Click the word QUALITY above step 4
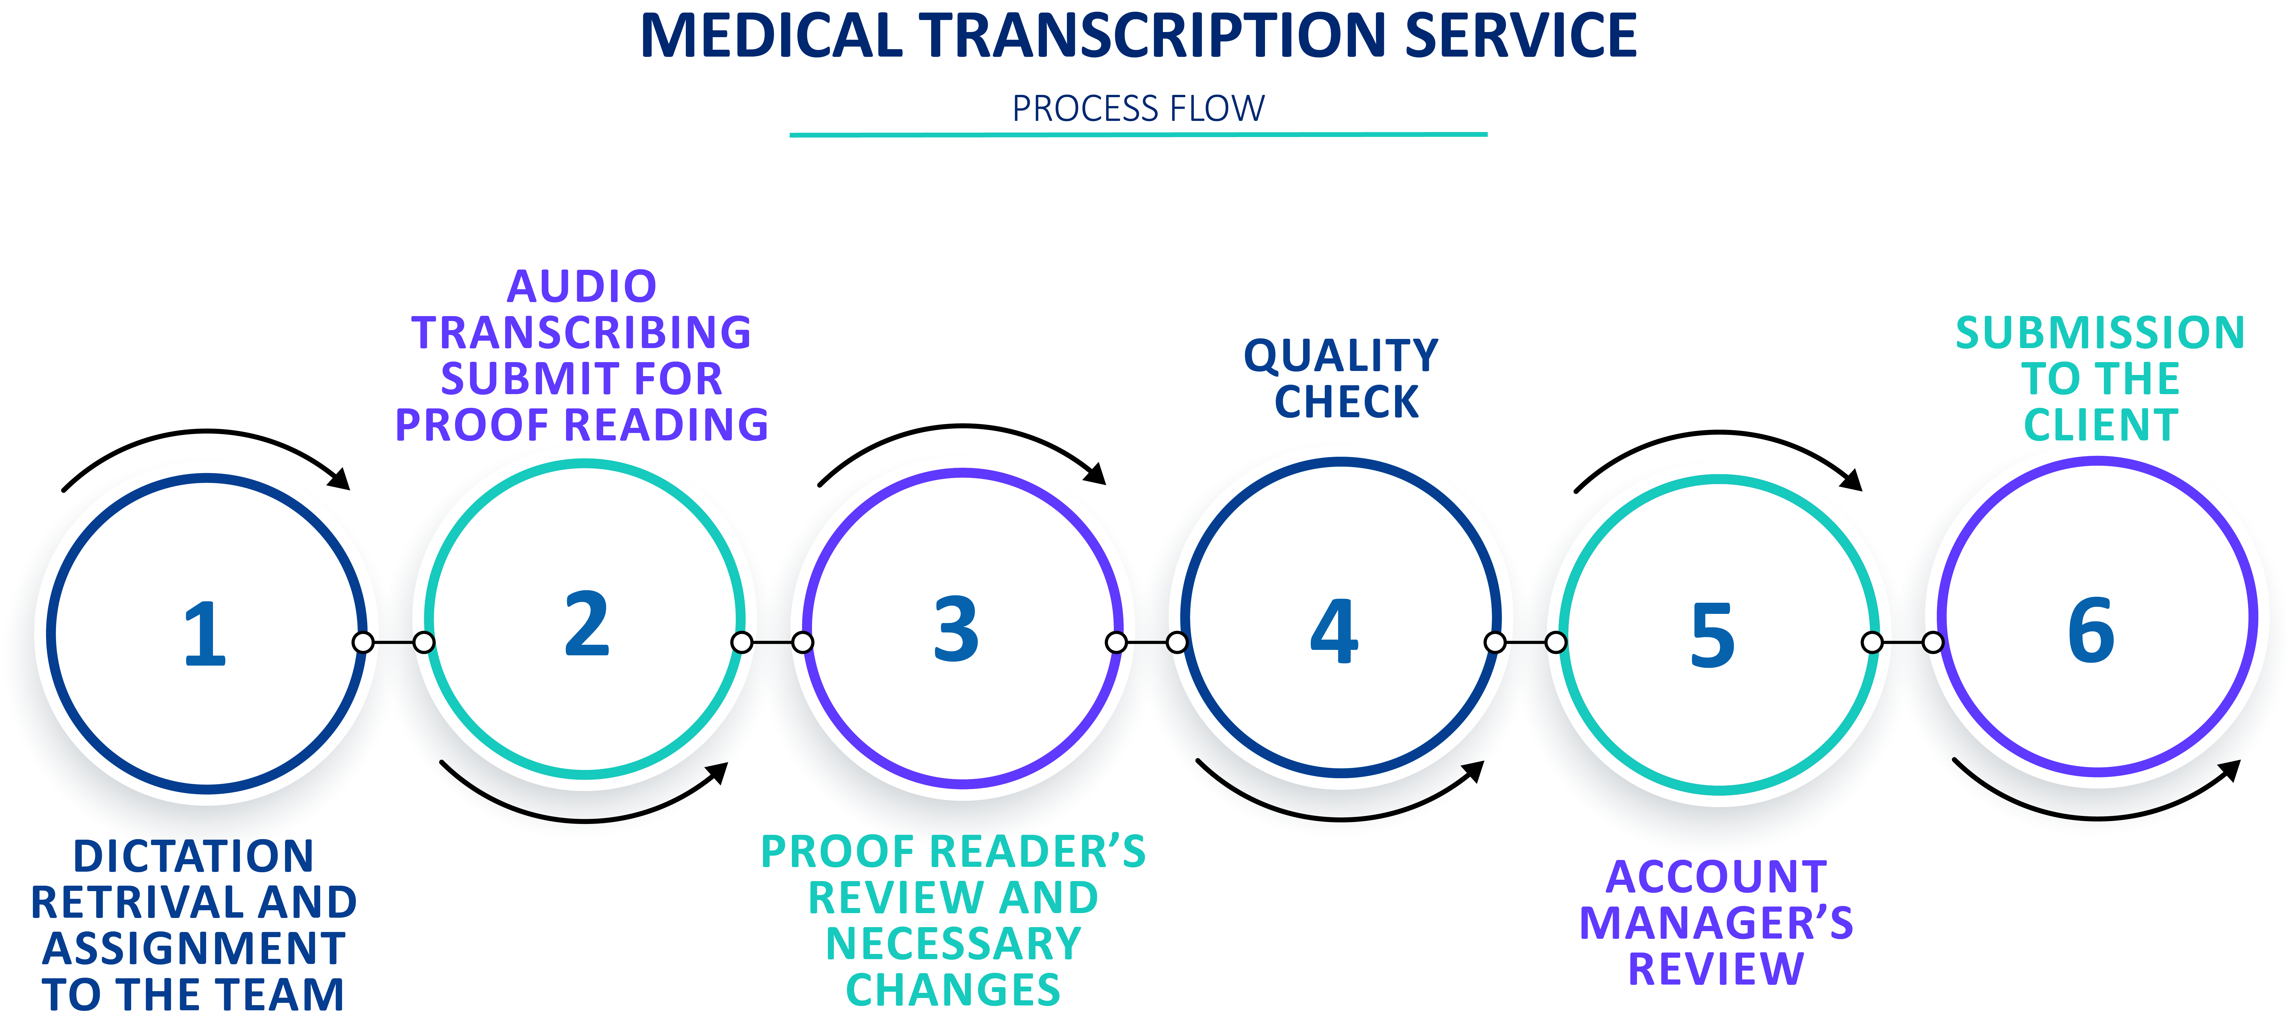point(1341,356)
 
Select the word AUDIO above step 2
point(582,286)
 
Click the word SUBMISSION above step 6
point(2100,333)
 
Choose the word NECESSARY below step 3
point(953,943)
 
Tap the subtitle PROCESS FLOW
point(1138,109)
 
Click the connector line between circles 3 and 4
point(1146,642)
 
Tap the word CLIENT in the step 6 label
point(2101,425)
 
